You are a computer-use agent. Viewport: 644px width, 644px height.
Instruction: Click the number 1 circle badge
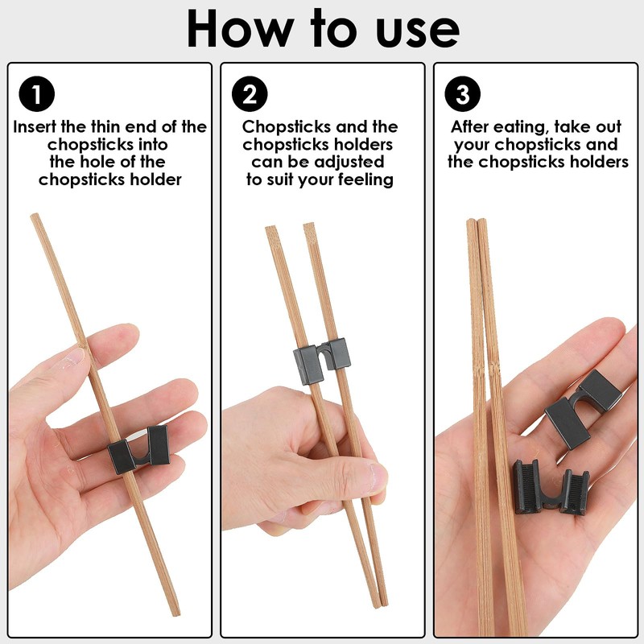[36, 95]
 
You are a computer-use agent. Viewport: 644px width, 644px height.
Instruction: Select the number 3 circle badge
[462, 95]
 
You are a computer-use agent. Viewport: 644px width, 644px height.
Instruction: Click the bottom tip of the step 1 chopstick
[176, 613]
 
